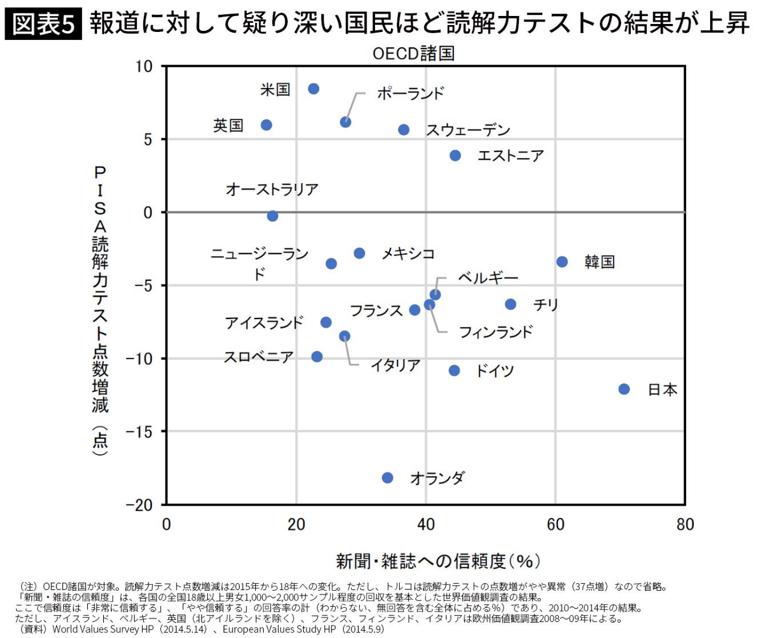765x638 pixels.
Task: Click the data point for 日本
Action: point(624,389)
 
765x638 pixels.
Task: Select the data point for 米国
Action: point(313,89)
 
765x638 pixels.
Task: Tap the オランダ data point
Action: point(388,478)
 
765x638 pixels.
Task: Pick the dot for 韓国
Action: point(562,262)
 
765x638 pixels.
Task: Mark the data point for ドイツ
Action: point(454,371)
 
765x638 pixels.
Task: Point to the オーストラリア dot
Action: point(273,216)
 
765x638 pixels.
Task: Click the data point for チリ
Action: point(510,305)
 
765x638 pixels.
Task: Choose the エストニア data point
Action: point(455,156)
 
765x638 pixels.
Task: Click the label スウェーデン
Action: point(468,130)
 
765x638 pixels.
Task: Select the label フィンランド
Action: point(496,332)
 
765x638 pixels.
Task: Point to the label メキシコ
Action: point(408,253)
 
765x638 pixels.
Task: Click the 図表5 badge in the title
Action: point(44,25)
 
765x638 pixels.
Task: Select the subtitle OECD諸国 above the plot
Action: point(413,54)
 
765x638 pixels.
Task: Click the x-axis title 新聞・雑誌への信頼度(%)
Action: point(437,562)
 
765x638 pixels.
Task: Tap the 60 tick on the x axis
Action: point(555,524)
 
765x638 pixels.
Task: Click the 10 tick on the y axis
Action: point(144,67)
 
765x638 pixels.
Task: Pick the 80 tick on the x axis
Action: point(685,524)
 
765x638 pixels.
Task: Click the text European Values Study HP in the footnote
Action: point(273,630)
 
